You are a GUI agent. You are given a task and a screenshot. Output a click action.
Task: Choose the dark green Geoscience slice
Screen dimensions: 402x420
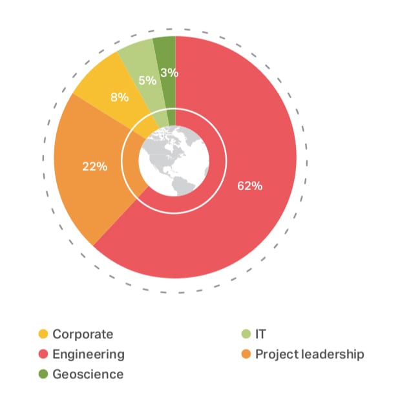(165, 55)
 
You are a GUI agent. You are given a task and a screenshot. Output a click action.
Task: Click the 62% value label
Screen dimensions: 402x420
(249, 186)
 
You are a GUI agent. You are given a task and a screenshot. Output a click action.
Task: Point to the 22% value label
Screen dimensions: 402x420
(95, 166)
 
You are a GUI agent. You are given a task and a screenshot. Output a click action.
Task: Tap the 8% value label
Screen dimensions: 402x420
(120, 98)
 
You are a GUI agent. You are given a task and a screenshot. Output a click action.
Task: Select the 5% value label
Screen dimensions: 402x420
(147, 81)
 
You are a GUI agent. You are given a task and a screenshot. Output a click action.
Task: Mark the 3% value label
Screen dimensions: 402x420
(169, 73)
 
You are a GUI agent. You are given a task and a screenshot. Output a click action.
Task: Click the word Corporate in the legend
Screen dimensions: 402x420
(83, 334)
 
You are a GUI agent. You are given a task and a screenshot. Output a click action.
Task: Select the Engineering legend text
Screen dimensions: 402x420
(89, 354)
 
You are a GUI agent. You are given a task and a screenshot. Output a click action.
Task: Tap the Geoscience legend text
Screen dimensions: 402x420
(88, 374)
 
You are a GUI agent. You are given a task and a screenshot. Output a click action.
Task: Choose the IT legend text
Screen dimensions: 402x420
(260, 334)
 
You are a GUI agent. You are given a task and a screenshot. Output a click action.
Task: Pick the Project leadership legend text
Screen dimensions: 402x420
(310, 354)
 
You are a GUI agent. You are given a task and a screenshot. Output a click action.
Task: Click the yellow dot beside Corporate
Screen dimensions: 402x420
(43, 334)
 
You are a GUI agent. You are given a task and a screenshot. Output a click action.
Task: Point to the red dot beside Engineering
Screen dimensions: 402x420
(43, 354)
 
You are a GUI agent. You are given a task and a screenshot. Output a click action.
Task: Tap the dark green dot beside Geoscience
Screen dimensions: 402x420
(43, 374)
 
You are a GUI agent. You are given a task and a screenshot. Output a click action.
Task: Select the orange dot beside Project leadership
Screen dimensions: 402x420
(246, 354)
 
